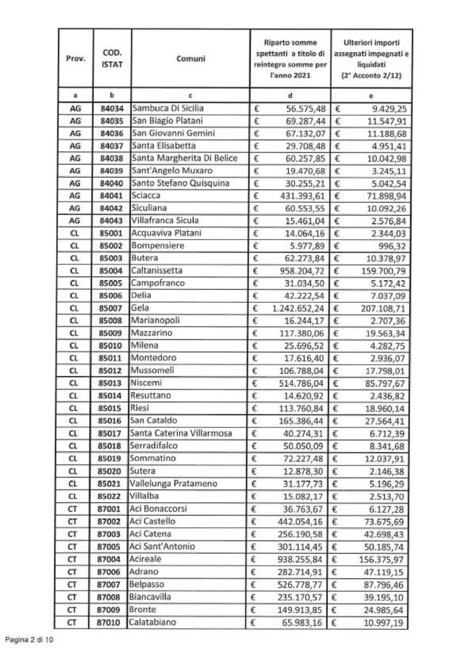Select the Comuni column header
(191, 59)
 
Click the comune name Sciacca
(147, 195)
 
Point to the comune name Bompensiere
(158, 244)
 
